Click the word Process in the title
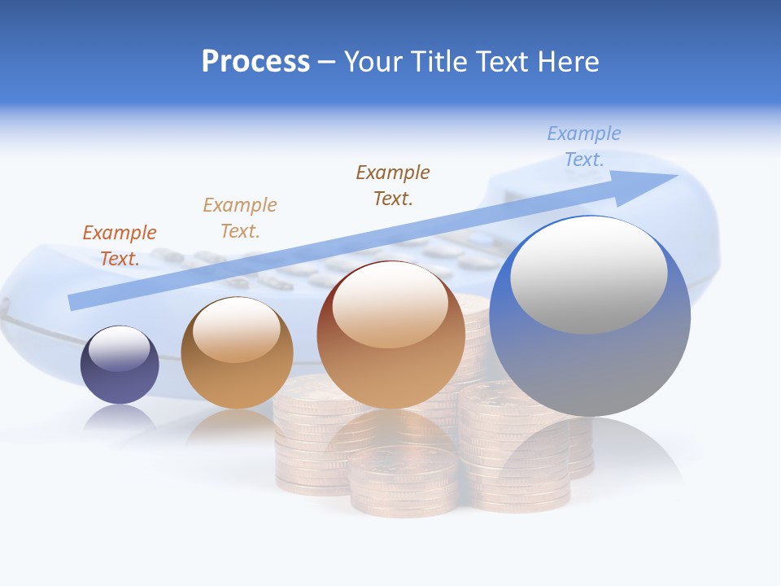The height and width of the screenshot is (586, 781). [255, 62]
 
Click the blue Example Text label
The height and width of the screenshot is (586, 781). [583, 146]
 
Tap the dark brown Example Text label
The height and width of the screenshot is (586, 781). [393, 185]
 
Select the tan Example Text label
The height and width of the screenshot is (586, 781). [240, 217]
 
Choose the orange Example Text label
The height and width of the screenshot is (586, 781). [120, 245]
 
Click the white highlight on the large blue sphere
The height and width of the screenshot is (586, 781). [589, 275]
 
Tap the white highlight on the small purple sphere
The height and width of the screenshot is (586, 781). [120, 348]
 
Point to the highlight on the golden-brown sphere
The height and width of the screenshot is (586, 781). [237, 328]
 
